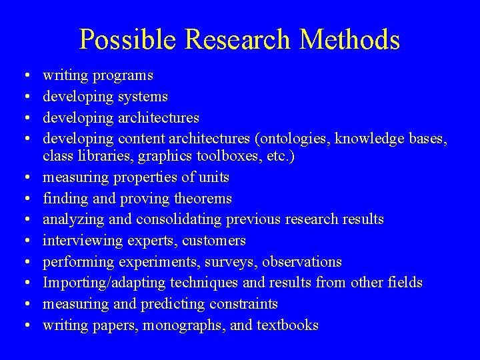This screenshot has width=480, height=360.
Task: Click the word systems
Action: [x=143, y=97]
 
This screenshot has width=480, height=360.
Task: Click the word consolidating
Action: [x=180, y=219]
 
